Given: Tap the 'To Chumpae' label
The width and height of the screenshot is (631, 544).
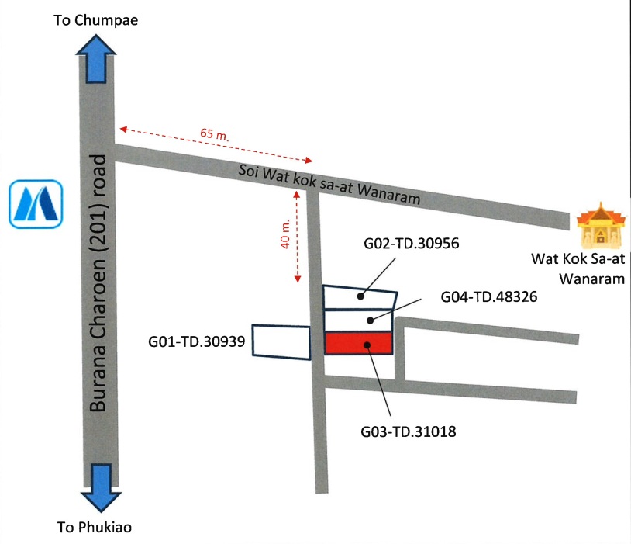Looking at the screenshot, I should click(x=95, y=21).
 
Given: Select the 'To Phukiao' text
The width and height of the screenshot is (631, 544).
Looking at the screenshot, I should click(x=95, y=528).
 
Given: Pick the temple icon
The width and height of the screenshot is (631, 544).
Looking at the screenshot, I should click(x=599, y=225).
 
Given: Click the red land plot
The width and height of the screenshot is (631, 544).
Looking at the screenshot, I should click(x=358, y=344).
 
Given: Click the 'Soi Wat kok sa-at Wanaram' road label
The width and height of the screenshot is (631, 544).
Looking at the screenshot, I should click(x=329, y=183).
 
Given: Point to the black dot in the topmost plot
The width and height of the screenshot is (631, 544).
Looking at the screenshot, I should click(x=360, y=296).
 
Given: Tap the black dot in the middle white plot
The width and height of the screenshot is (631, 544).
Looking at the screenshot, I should click(x=371, y=320).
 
